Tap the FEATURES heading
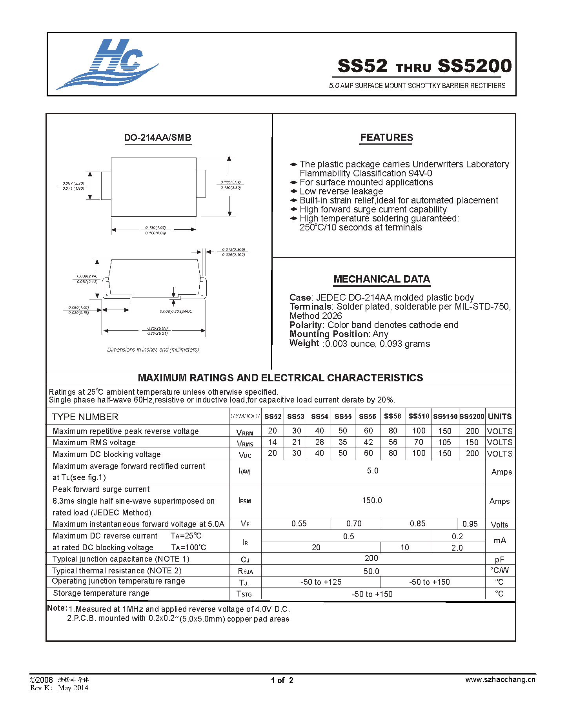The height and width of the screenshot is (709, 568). click(386, 138)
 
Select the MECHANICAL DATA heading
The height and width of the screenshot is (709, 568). click(382, 279)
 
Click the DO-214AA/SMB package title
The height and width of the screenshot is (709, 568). click(158, 138)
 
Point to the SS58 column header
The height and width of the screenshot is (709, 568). click(392, 416)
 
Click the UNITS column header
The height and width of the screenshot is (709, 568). click(499, 417)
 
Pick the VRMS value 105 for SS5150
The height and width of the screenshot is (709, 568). click(444, 442)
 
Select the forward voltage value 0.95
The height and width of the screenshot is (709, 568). click(470, 524)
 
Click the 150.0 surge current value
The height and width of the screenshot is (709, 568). click(372, 500)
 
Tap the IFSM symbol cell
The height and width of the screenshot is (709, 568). click(245, 501)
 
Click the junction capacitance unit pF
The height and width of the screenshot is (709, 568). click(499, 560)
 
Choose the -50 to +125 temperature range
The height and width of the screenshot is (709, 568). click(321, 582)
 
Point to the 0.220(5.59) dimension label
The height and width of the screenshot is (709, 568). click(157, 328)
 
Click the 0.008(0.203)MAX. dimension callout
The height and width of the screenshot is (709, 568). click(176, 312)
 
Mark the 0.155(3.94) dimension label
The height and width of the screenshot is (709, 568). click(230, 182)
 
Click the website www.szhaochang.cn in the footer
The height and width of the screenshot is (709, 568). click(500, 680)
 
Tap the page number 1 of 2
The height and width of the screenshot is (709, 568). click(282, 680)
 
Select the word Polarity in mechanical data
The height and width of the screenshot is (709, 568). click(306, 325)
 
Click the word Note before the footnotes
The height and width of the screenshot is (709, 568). click(56, 608)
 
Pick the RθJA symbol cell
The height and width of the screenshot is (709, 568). click(245, 571)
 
